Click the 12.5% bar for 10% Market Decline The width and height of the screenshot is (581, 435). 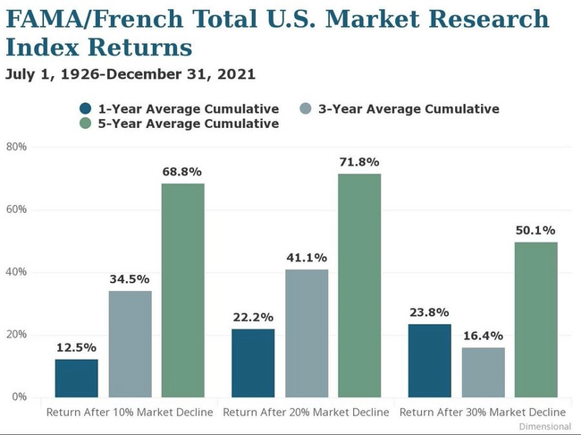[x=76, y=378]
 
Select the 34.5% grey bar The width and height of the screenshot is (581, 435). [x=130, y=344]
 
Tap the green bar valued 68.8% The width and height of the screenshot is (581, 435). [x=182, y=290]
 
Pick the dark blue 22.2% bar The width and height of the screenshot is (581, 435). [x=253, y=362]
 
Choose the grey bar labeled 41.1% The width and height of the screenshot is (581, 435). [x=306, y=333]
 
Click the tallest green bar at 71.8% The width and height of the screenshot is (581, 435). [x=359, y=285]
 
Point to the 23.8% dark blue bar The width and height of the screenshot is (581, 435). [x=430, y=360]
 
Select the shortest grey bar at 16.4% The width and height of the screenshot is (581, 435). [x=483, y=371]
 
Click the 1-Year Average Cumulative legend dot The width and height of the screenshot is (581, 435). [x=85, y=108]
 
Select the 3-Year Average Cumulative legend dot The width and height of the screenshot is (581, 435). [x=306, y=108]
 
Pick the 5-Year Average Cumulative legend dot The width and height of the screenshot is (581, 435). [x=85, y=124]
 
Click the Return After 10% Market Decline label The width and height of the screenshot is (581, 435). [x=130, y=412]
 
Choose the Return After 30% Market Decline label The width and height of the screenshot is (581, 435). [x=484, y=412]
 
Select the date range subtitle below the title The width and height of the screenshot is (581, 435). [x=131, y=73]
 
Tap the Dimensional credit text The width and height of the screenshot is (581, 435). [x=544, y=427]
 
